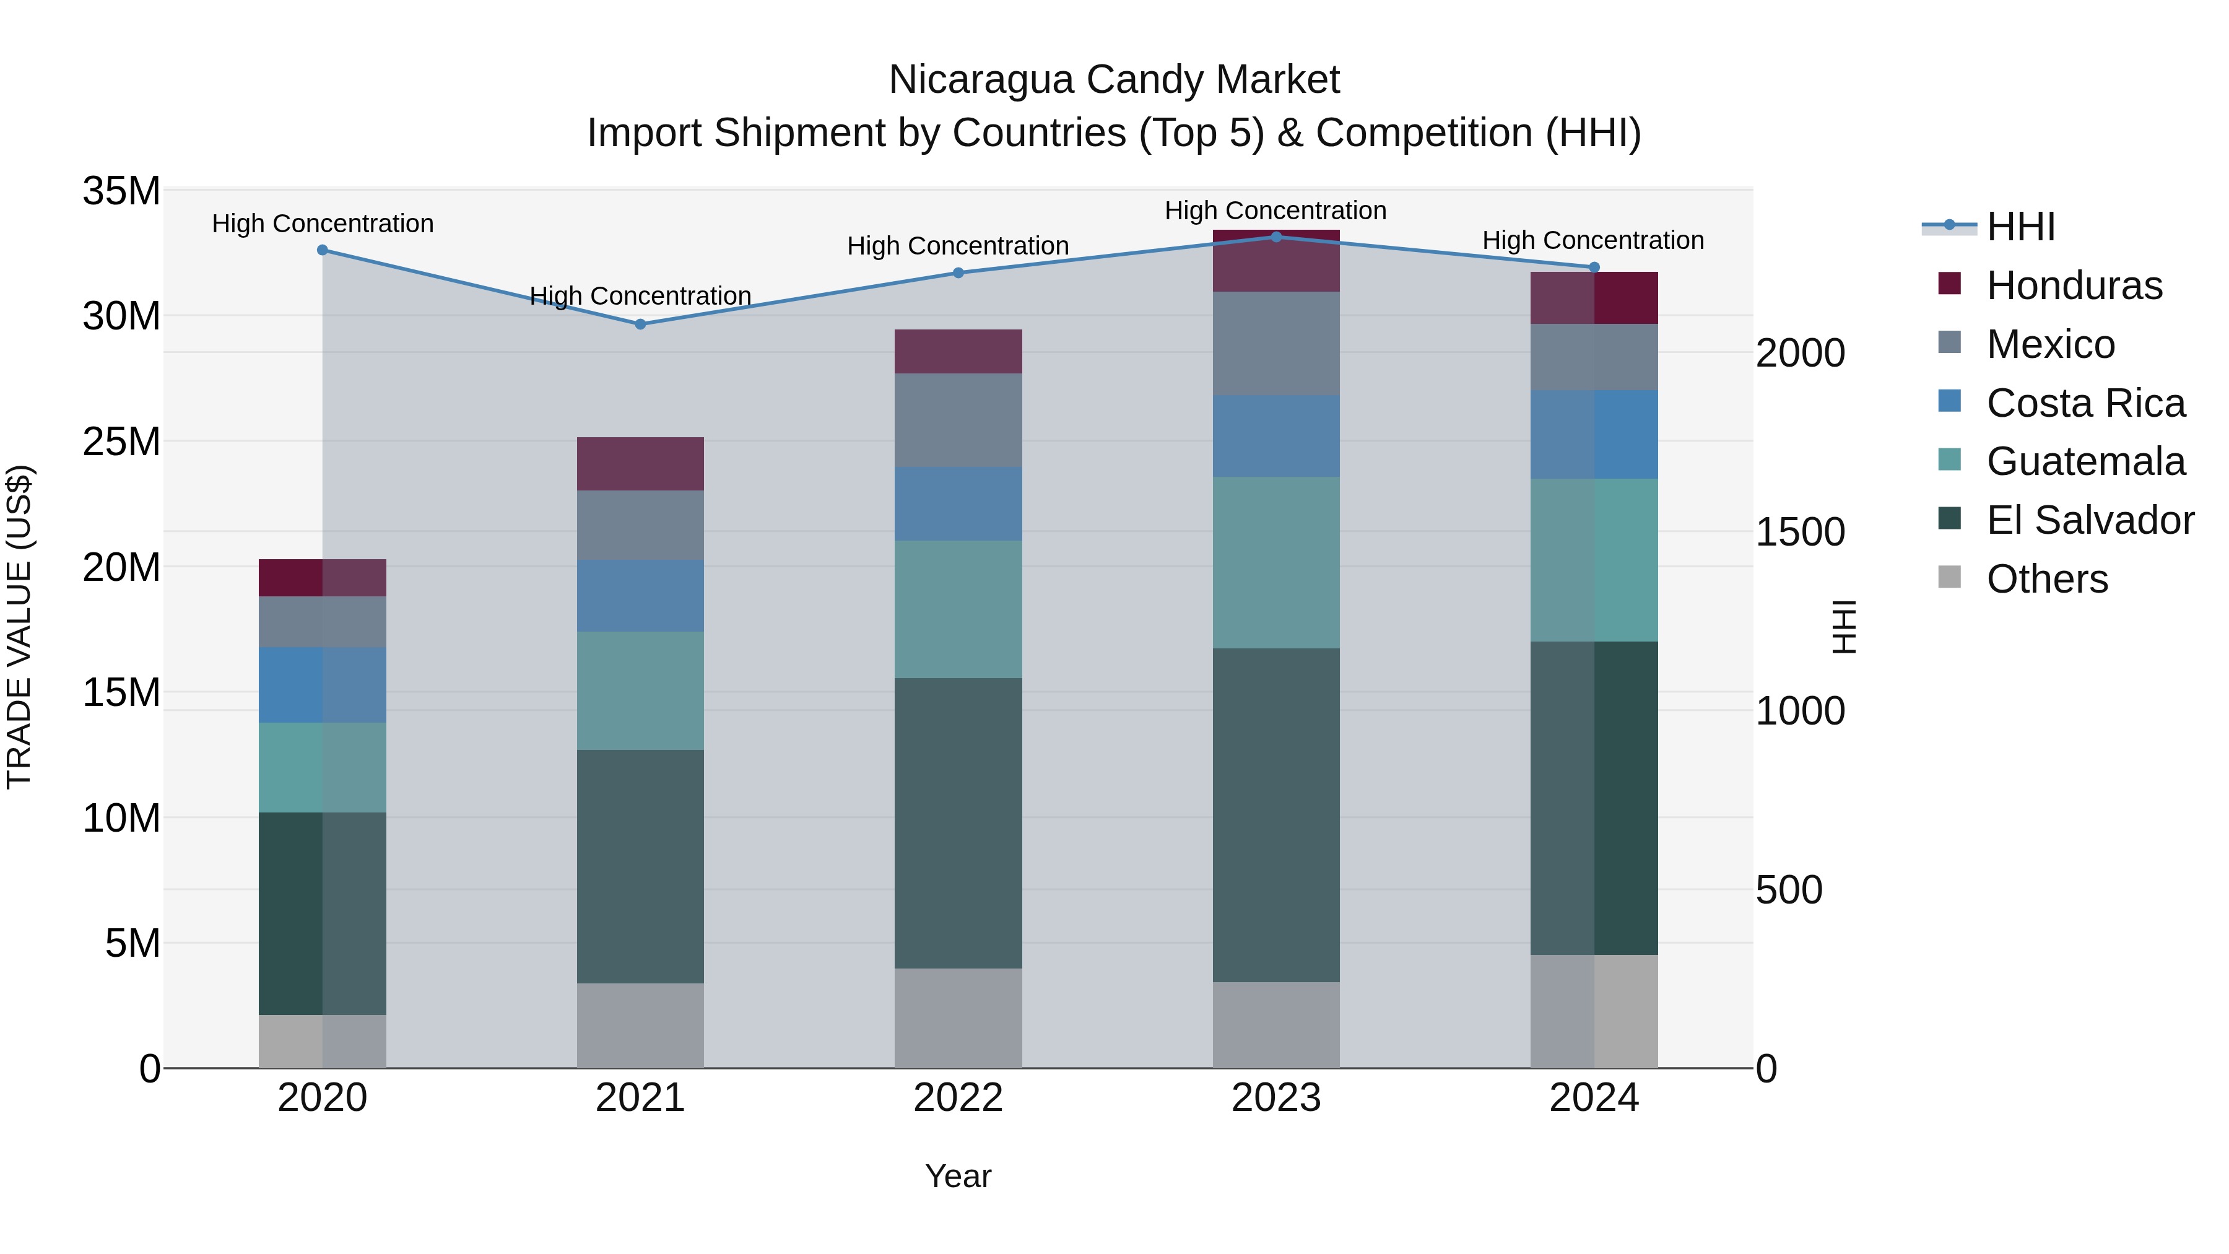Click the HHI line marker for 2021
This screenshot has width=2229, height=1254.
coord(640,324)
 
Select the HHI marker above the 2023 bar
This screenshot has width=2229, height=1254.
coord(1275,237)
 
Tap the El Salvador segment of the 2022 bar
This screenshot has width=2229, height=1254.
coord(958,823)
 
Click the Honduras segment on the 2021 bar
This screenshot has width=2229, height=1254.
coord(640,464)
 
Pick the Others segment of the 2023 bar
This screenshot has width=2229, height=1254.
coord(1275,1025)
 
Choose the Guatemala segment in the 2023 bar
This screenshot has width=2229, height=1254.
coord(1275,562)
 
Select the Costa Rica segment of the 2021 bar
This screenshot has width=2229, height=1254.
coord(640,595)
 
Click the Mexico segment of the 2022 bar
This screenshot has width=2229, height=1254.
coord(958,420)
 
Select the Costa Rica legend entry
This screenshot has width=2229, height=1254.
coord(2085,403)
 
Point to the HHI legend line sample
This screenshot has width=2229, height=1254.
coord(1949,226)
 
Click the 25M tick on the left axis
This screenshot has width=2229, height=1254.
coord(121,442)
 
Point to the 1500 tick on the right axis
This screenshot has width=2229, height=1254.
coord(1800,532)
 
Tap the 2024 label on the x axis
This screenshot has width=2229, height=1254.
coord(1594,1098)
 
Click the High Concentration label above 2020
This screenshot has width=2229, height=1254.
coord(323,224)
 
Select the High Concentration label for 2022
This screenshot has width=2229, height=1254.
coord(958,246)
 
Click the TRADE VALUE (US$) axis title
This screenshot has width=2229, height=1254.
coord(19,627)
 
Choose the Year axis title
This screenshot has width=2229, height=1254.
coord(958,1176)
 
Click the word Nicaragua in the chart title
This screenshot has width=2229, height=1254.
coord(981,80)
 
